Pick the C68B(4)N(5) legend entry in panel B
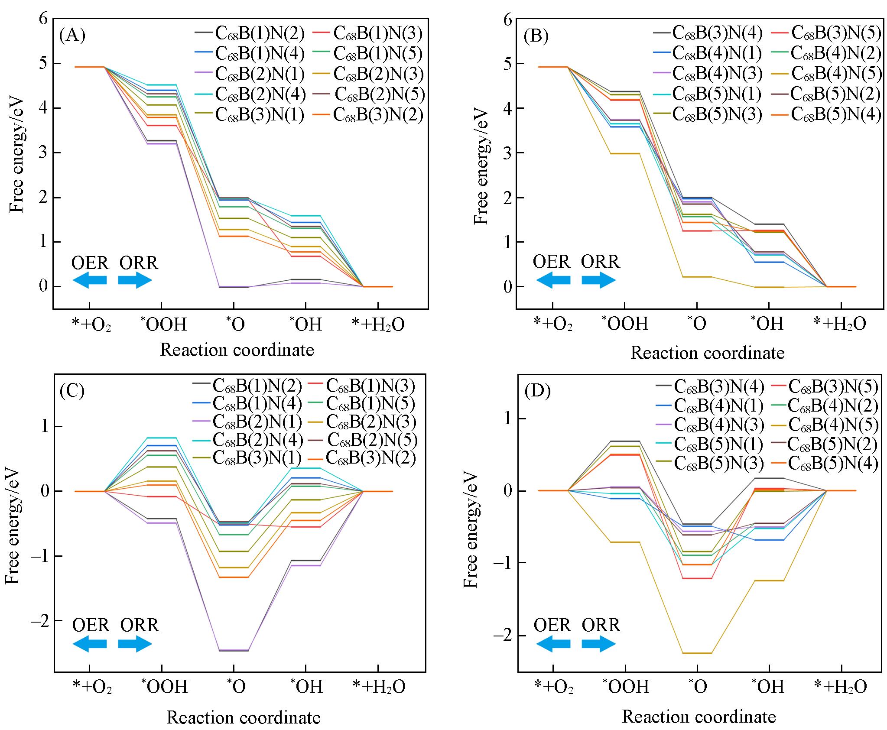(x=836, y=74)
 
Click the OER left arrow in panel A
(x=90, y=280)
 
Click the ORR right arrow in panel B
(x=599, y=280)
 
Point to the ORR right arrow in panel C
(x=135, y=644)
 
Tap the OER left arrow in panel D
(x=553, y=644)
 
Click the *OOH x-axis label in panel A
(x=164, y=324)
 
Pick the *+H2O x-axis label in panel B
(x=840, y=324)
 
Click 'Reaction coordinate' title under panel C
(x=244, y=718)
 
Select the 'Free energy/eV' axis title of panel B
(x=481, y=167)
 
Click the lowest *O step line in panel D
(x=697, y=665)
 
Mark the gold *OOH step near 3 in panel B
(x=624, y=153)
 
